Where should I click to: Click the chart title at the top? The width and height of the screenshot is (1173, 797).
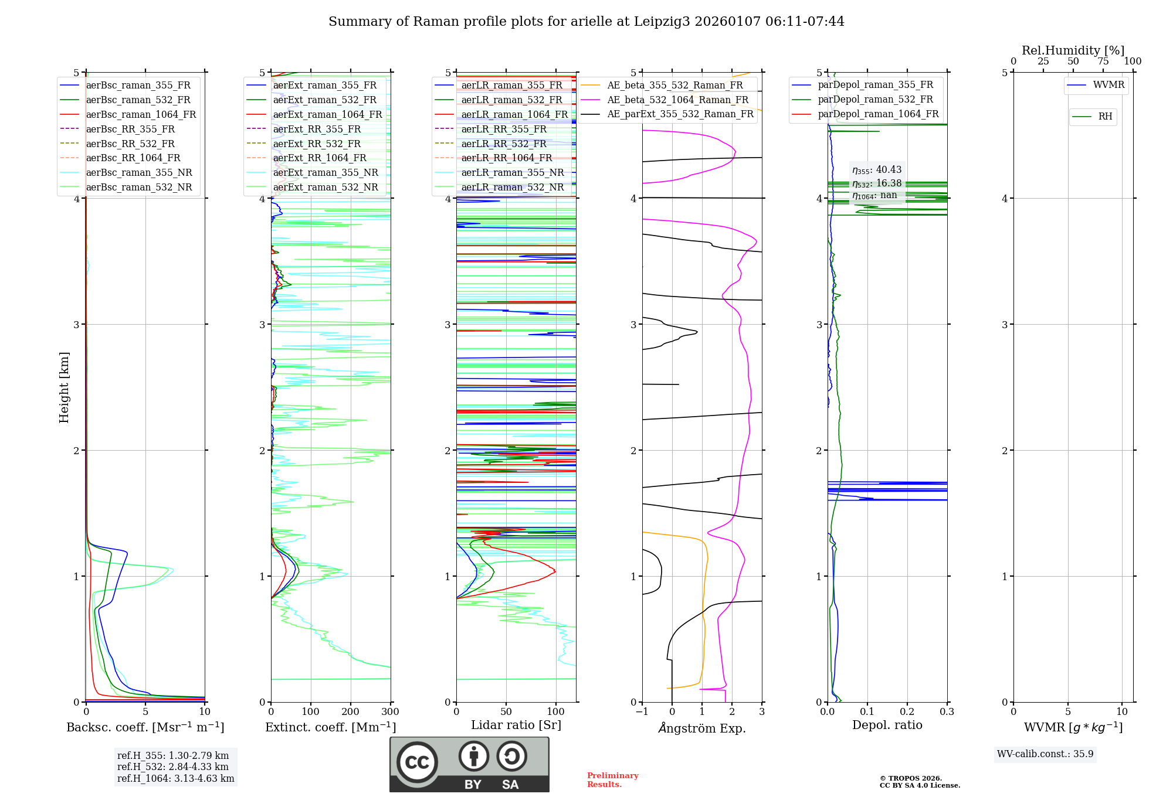(x=586, y=22)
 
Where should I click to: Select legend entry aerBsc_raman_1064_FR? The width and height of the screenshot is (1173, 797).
(x=141, y=114)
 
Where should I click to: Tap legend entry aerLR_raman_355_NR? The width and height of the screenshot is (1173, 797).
(x=512, y=172)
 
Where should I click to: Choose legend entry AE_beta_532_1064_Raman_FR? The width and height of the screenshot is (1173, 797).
(x=677, y=100)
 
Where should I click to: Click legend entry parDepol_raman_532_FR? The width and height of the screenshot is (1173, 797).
(x=875, y=100)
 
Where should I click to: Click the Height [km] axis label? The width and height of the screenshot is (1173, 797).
(x=64, y=387)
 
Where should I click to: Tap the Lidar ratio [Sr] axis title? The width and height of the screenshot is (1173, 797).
(x=516, y=725)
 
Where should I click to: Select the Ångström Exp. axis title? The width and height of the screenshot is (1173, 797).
(x=701, y=728)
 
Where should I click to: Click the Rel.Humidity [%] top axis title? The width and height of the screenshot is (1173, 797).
(x=1073, y=50)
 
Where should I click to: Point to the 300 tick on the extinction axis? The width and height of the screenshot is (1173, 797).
(x=390, y=712)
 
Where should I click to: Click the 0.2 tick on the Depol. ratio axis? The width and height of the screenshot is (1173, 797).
(x=907, y=712)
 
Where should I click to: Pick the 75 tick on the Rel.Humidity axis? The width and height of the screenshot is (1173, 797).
(x=1103, y=62)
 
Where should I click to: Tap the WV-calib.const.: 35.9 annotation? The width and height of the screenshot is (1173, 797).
(x=1045, y=754)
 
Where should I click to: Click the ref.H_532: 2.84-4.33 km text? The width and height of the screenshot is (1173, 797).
(x=172, y=767)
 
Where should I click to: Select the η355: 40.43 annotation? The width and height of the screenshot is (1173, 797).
(x=877, y=170)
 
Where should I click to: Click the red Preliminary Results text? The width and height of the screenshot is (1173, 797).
(x=612, y=779)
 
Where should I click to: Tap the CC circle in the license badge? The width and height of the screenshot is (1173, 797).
(x=417, y=762)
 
